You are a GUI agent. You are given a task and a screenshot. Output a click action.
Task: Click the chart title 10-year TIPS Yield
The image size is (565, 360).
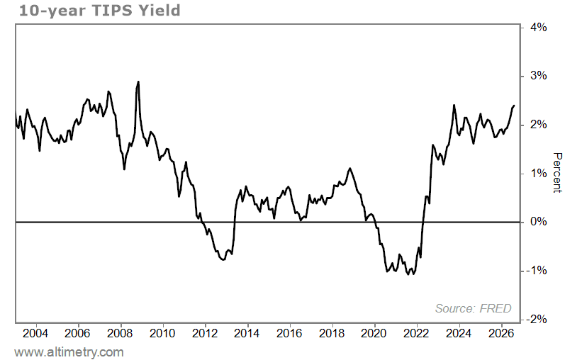coord(99,11)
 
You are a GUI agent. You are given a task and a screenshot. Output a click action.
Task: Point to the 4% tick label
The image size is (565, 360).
coord(538,28)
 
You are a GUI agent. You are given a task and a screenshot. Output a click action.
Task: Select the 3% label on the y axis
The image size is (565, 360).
coord(538,76)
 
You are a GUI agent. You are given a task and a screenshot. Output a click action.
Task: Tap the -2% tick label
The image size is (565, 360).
coord(537,320)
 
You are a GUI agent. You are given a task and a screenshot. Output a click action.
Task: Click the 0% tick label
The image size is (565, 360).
coord(538,222)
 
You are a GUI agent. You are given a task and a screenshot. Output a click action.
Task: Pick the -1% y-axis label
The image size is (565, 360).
coord(537,270)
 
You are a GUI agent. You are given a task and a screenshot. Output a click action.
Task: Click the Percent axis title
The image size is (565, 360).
coord(557,173)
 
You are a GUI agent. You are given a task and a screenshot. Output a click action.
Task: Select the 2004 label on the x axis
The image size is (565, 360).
coord(35,333)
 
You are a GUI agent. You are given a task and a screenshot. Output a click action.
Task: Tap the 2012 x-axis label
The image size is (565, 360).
coord(205,333)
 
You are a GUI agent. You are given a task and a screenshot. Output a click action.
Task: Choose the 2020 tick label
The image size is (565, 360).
coord(374,333)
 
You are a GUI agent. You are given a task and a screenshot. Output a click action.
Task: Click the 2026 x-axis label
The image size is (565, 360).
coord(501,333)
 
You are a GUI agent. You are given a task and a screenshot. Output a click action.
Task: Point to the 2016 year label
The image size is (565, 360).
coord(289,333)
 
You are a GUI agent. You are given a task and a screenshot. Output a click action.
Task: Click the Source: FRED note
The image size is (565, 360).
coord(473,308)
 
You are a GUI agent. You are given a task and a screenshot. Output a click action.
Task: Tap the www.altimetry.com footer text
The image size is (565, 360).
coord(69,352)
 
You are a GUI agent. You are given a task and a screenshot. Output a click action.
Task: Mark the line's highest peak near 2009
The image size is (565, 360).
coord(138,81)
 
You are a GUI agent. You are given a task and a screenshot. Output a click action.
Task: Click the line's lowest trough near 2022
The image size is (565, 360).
coord(413,274)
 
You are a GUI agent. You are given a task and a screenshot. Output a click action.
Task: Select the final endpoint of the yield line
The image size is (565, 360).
coord(514,106)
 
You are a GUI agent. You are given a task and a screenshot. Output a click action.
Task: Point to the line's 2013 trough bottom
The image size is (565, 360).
coord(223,260)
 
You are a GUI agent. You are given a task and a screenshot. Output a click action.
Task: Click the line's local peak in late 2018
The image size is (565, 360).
coord(350,168)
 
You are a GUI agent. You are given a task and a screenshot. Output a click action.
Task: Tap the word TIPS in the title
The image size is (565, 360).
coord(113,11)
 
